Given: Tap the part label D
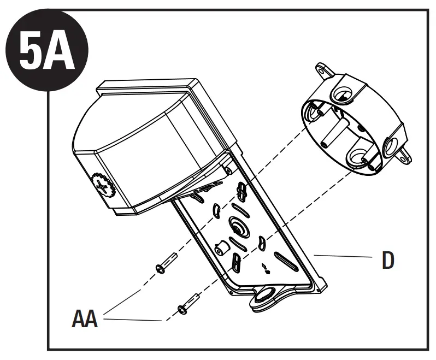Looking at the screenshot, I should (x=387, y=260).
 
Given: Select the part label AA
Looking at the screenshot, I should (x=85, y=318).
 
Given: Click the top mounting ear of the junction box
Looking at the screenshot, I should (x=321, y=72).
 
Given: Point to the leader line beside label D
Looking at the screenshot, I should (x=341, y=255).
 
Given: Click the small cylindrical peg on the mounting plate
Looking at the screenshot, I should (x=221, y=249).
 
